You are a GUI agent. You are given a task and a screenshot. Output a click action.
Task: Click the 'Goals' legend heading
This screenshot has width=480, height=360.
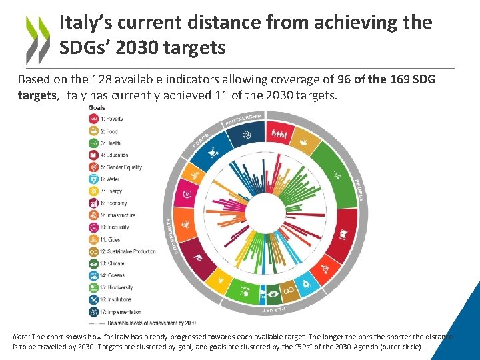[x=96, y=108]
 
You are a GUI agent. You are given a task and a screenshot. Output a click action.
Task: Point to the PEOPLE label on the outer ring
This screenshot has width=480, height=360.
[x=359, y=190]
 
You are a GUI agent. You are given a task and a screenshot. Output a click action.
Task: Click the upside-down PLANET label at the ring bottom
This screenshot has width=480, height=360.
[x=274, y=310]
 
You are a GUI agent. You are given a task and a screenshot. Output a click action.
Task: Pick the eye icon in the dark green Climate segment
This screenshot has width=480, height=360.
[x=272, y=293]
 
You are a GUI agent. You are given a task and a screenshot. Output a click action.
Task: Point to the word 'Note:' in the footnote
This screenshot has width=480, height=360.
[x=22, y=337]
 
